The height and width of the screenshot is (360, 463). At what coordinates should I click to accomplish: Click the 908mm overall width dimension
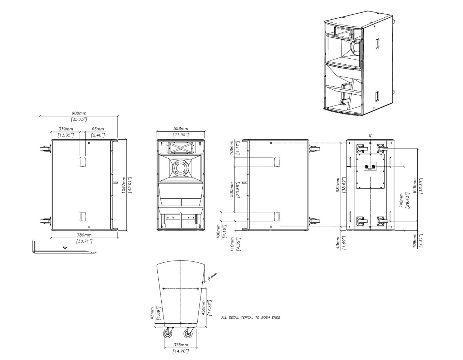pyautogui.click(x=79, y=113)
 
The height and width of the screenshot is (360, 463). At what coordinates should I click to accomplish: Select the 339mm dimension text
pyautogui.click(x=66, y=129)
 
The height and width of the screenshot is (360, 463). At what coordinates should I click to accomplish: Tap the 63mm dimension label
pyautogui.click(x=98, y=129)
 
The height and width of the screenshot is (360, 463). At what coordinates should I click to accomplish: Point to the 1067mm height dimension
pyautogui.click(x=123, y=185)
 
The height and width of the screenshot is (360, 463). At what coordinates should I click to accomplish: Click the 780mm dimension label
pyautogui.click(x=84, y=235)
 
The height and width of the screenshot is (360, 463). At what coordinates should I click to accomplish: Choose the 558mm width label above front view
pyautogui.click(x=180, y=129)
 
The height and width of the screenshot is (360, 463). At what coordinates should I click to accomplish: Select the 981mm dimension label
pyautogui.click(x=337, y=185)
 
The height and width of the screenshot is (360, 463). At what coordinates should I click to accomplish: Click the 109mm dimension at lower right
pyautogui.click(x=415, y=240)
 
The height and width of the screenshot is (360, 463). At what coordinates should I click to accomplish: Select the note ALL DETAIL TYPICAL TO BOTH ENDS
pyautogui.click(x=250, y=318)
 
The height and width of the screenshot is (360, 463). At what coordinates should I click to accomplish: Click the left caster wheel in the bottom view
pyautogui.click(x=168, y=334)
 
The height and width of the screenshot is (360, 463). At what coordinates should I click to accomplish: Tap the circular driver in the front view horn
pyautogui.click(x=180, y=168)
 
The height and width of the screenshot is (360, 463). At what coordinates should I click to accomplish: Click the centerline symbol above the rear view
pyautogui.click(x=370, y=135)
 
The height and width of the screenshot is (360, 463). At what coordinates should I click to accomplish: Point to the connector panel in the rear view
pyautogui.click(x=370, y=167)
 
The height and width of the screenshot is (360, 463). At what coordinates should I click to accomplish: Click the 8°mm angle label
pyautogui.click(x=212, y=276)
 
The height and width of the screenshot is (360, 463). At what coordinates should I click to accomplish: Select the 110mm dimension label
pyautogui.click(x=232, y=244)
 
